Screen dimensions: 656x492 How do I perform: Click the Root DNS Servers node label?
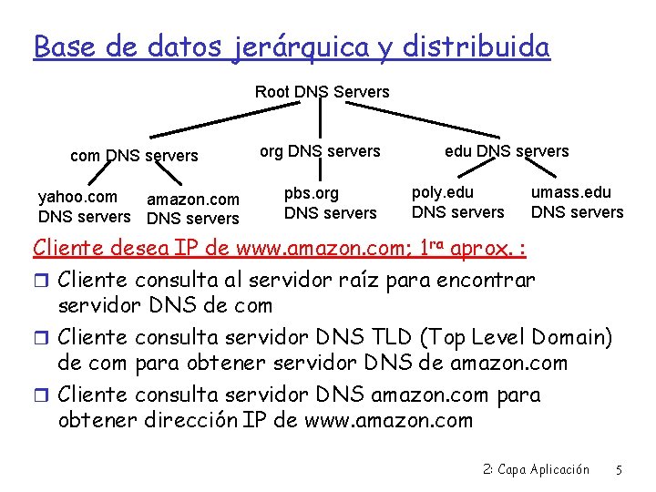pyautogui.click(x=322, y=91)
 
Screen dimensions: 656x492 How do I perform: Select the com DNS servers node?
pyautogui.click(x=134, y=156)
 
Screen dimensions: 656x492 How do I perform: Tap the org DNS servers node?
pyautogui.click(x=320, y=151)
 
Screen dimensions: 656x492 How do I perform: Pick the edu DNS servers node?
pyautogui.click(x=507, y=151)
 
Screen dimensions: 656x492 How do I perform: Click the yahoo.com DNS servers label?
pyautogui.click(x=84, y=207)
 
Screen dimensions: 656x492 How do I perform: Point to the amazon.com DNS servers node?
pyautogui.click(x=193, y=209)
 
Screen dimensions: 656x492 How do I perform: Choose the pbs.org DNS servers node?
pyautogui.click(x=330, y=203)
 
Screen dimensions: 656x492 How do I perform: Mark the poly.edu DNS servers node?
pyautogui.click(x=457, y=202)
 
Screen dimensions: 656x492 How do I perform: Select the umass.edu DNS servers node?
pyautogui.click(x=577, y=202)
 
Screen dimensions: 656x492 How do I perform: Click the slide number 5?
pyautogui.click(x=619, y=470)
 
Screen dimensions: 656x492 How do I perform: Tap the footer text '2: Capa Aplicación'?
pyautogui.click(x=536, y=470)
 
